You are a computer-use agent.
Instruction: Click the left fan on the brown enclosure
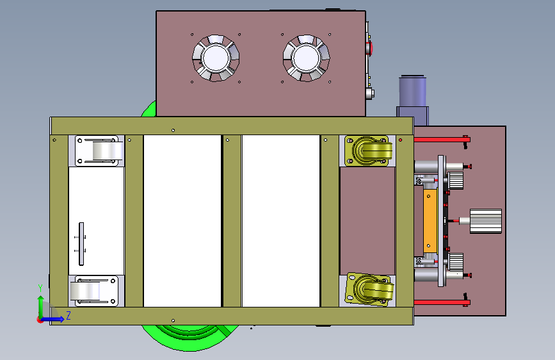(216, 58)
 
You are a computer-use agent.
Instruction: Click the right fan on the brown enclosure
(307, 58)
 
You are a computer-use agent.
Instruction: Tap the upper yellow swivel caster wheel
(373, 151)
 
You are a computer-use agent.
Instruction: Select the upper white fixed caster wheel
(108, 151)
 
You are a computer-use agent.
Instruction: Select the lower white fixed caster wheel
(85, 291)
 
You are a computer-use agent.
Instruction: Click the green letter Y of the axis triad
(40, 288)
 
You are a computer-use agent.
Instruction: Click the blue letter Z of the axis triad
(68, 315)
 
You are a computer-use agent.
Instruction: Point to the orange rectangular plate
(430, 221)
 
